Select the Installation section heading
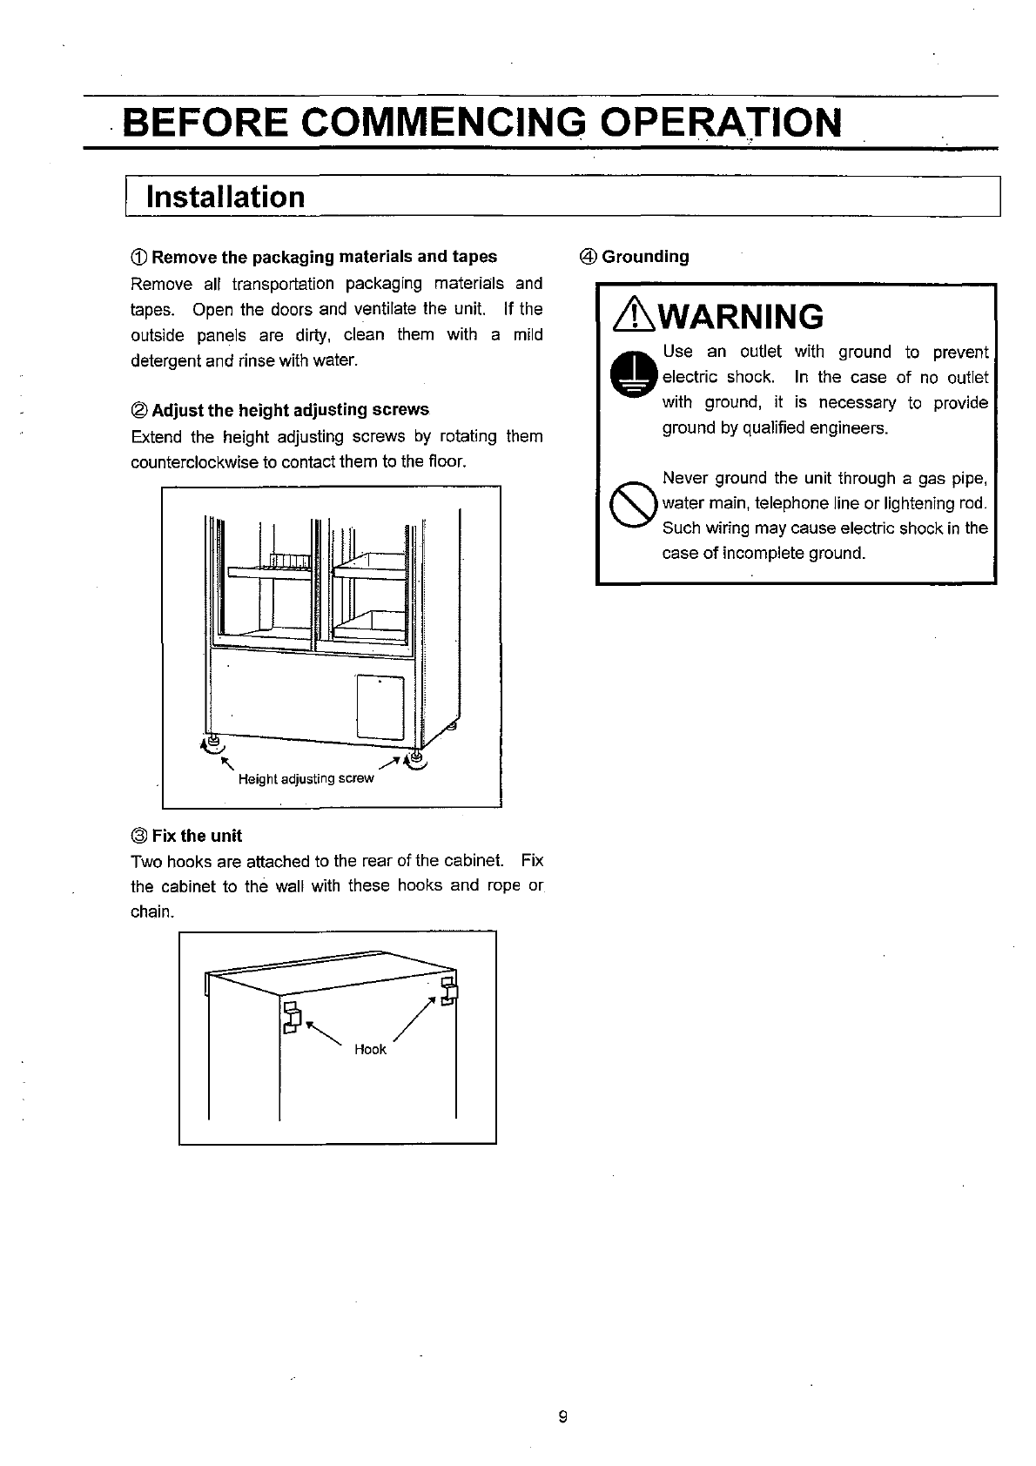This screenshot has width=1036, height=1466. pyautogui.click(x=225, y=197)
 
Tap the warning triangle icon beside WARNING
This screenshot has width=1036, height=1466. pyautogui.click(x=636, y=316)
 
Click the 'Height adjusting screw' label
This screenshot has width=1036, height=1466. pyautogui.click(x=306, y=778)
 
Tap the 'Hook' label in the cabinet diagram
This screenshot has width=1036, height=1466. pyautogui.click(x=370, y=1049)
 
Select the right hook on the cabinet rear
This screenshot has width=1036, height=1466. pyautogui.click(x=449, y=991)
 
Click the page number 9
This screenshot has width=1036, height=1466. pyautogui.click(x=562, y=1416)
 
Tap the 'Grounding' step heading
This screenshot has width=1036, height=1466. pyautogui.click(x=645, y=257)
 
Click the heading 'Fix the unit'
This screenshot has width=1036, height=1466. pyautogui.click(x=197, y=836)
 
